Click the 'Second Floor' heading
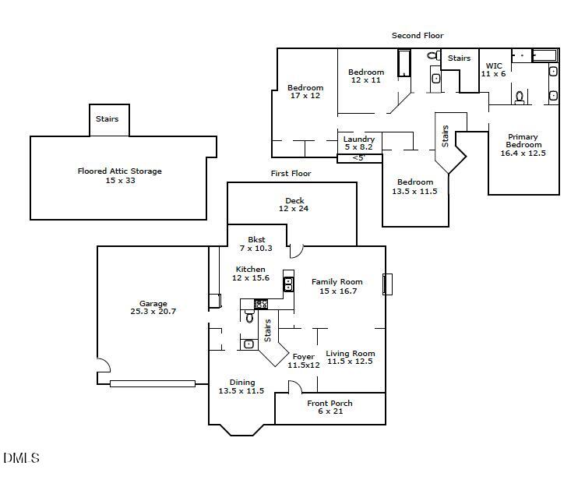point(417,36)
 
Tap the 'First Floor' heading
point(291,174)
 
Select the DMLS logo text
point(21,458)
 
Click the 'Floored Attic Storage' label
point(120,171)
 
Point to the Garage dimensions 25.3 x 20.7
point(153,312)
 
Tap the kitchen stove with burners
point(262,304)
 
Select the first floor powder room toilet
point(250,317)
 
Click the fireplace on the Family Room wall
point(386,284)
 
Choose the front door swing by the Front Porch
point(294,386)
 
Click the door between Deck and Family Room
point(296,251)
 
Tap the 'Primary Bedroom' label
point(523,141)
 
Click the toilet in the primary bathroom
point(520,97)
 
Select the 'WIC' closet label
point(494,66)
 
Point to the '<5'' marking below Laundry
point(358,158)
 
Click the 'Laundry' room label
point(358,139)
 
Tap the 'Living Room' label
point(350,353)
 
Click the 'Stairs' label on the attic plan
point(107,119)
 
